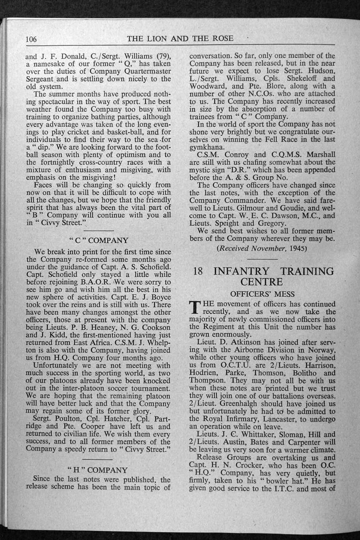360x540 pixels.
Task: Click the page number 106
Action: pos(31,39)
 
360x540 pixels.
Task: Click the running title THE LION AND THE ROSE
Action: pos(180,39)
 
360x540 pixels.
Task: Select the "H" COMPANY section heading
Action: pos(98,470)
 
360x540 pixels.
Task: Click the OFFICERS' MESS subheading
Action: pos(262,294)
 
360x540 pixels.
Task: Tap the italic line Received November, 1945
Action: pos(262,248)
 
